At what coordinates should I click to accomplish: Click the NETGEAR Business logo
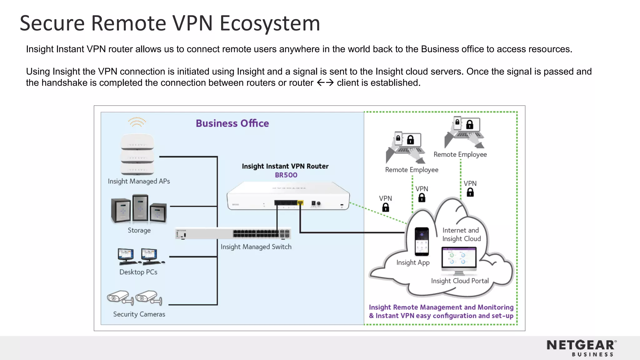pyautogui.click(x=582, y=348)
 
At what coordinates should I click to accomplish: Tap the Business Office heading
pyautogui.click(x=232, y=123)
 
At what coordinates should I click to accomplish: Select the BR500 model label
pyautogui.click(x=286, y=175)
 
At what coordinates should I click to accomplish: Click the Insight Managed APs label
pyautogui.click(x=139, y=181)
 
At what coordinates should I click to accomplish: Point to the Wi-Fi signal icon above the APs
pyautogui.click(x=137, y=122)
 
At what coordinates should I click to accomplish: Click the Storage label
pyautogui.click(x=139, y=230)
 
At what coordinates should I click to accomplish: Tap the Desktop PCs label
pyautogui.click(x=138, y=272)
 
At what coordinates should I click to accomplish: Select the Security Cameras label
pyautogui.click(x=139, y=314)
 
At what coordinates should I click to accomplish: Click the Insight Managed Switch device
pyautogui.click(x=233, y=234)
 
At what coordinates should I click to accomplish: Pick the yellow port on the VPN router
pyautogui.click(x=300, y=203)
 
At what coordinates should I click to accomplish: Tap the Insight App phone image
pyautogui.click(x=422, y=241)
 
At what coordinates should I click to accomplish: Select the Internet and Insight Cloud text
pyautogui.click(x=461, y=234)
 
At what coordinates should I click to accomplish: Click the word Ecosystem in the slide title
pyautogui.click(x=270, y=23)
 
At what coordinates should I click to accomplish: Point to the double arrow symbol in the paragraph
pyautogui.click(x=325, y=83)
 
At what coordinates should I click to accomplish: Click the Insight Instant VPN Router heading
pyautogui.click(x=285, y=166)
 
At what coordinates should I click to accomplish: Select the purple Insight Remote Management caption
pyautogui.click(x=441, y=311)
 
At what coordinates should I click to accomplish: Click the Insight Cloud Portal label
pyautogui.click(x=460, y=281)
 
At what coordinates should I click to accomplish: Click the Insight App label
pyautogui.click(x=413, y=262)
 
